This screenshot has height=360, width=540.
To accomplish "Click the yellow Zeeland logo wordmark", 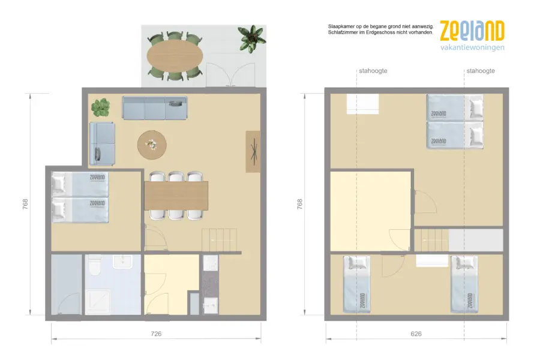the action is point(472,31).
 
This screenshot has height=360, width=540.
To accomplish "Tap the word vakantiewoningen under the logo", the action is point(473,47).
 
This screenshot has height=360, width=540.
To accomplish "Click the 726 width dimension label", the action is point(156,334).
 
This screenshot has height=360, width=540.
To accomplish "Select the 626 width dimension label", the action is point(416,334).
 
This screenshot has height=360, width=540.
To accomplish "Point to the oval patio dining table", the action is point(175,56).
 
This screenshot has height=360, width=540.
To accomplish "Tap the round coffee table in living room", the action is point(152,145).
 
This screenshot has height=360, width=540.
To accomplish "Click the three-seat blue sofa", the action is point(155,108).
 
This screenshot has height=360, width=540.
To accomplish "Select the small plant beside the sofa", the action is point(101,107).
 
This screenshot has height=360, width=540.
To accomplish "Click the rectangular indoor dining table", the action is point(176,196).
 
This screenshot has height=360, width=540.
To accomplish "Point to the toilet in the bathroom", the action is point(94,265).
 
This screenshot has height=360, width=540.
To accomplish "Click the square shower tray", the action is point(98,302).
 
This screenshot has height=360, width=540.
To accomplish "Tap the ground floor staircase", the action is point(220,240).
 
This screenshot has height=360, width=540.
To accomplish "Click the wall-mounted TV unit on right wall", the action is point(253,152).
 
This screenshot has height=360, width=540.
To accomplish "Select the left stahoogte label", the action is point(373,71).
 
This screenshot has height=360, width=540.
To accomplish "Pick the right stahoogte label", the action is point(481,71).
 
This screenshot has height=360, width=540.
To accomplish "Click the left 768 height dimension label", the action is point(25,204).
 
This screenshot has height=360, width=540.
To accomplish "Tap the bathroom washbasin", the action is point(122,262).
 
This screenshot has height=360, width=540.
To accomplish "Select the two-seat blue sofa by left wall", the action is point(102,143).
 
